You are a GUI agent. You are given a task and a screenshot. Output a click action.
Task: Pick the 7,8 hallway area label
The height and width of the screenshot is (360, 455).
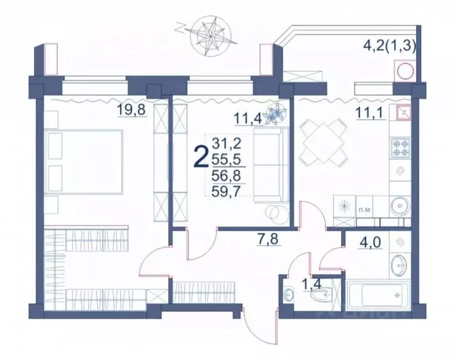tap(269, 239)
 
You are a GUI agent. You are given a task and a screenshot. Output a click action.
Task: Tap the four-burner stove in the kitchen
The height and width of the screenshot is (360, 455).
tap(400, 148)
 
